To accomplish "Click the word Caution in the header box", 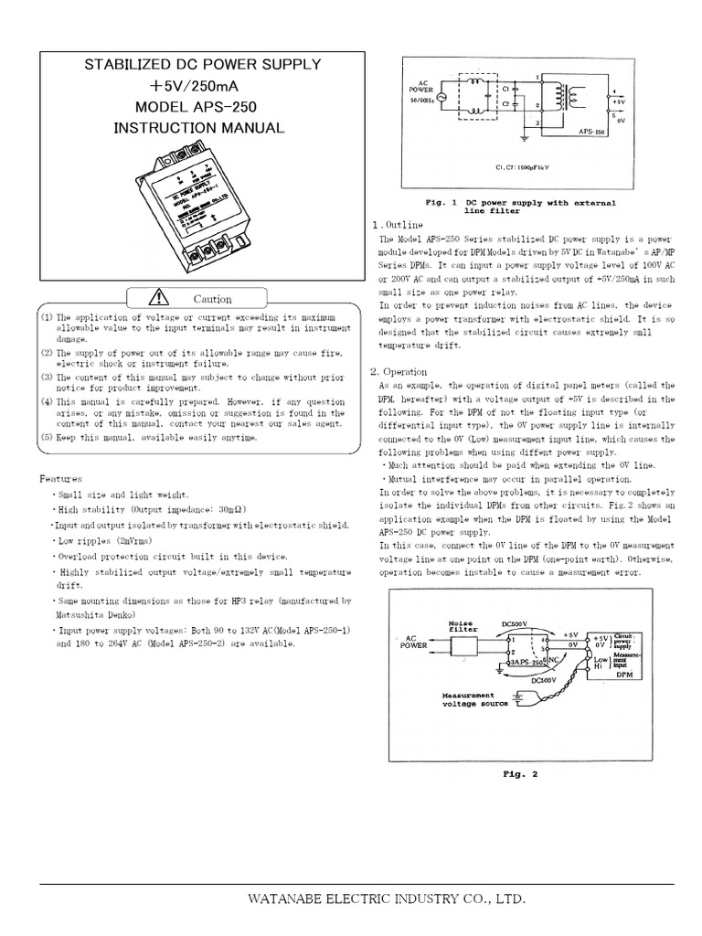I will [213, 299].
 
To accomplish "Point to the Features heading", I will [60, 478].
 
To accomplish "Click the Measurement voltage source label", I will [473, 699].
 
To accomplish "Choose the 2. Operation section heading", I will [399, 372].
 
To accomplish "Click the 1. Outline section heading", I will [397, 225].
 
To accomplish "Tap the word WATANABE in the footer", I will [291, 899].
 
